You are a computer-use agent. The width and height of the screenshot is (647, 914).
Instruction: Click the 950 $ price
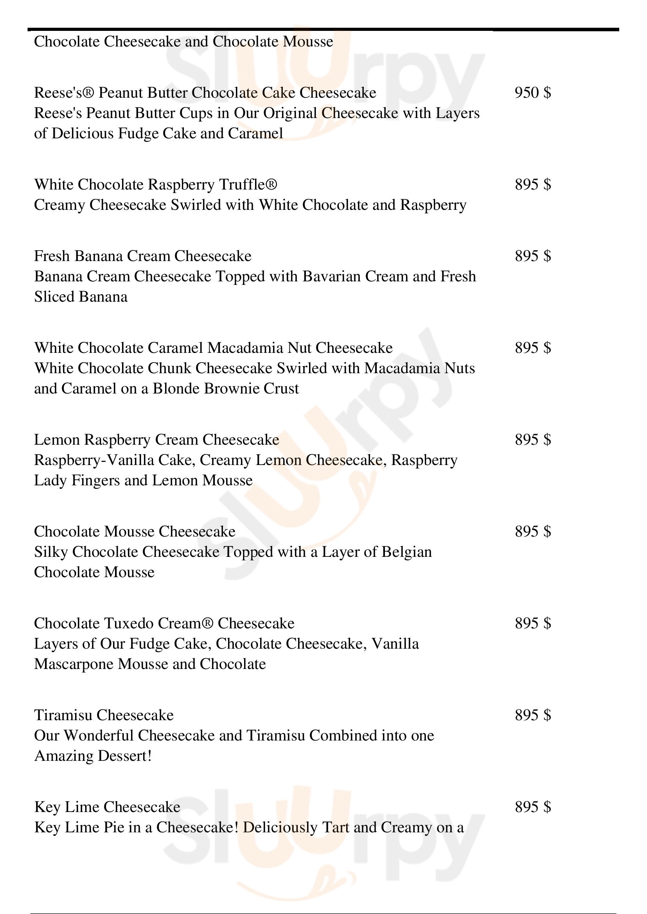533,93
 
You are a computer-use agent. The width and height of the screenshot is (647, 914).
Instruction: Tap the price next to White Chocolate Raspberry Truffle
533,185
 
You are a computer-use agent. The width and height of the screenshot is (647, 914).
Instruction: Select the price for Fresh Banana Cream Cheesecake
533,256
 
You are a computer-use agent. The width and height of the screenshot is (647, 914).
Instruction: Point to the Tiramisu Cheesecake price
533,715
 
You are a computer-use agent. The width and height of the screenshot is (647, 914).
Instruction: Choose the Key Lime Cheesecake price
533,807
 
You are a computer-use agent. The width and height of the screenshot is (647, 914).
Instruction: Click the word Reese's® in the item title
64,93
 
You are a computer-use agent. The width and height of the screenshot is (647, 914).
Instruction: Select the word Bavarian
331,276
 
